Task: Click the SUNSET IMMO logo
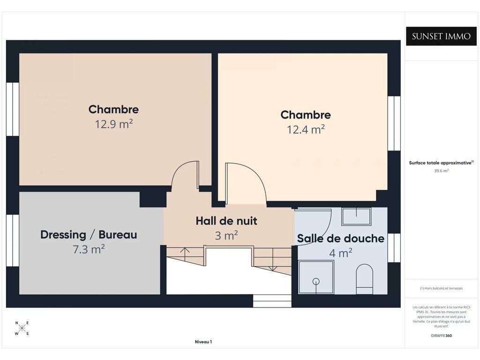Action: click(441, 36)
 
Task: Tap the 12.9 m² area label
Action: click(113, 124)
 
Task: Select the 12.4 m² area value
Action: click(306, 130)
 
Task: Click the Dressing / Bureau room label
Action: click(89, 235)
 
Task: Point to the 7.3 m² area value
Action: click(89, 249)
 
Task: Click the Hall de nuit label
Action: click(226, 221)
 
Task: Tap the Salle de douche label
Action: click(341, 239)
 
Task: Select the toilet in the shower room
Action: click(365, 279)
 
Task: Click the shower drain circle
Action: click(316, 281)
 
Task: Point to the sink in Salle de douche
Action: click(356, 217)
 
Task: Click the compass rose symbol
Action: click(22, 329)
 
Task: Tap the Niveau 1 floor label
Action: click(203, 342)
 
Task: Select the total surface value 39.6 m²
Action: click(441, 171)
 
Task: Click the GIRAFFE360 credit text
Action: click(441, 336)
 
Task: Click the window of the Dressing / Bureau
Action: click(13, 240)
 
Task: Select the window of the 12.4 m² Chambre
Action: click(394, 123)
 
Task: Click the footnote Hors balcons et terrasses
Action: click(441, 288)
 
